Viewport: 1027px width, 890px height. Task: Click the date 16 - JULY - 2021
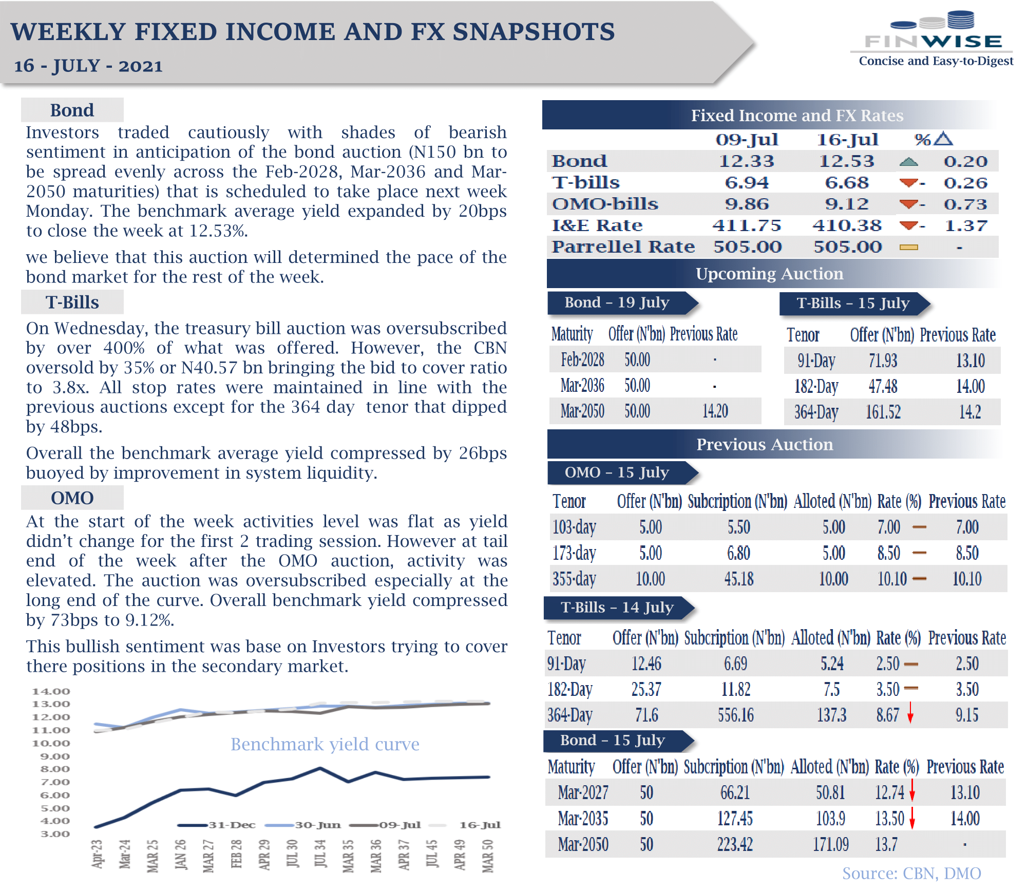[x=88, y=66]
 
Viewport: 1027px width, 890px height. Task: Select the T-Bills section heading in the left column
[x=72, y=302]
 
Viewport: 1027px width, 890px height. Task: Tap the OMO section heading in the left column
[x=72, y=498]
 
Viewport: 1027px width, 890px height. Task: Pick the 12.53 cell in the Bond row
[x=846, y=161]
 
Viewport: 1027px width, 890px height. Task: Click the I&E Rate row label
[x=597, y=225]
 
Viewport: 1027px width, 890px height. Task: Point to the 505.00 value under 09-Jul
[x=747, y=247]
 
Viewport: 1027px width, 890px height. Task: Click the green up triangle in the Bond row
[x=909, y=162]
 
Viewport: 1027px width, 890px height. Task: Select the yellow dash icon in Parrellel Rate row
[x=909, y=248]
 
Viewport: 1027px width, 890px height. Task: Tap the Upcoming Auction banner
[x=769, y=274]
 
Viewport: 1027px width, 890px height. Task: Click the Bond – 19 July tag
[x=617, y=302]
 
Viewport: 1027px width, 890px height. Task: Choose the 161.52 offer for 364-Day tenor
[x=883, y=412]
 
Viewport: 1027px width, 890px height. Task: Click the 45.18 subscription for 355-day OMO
[x=739, y=579]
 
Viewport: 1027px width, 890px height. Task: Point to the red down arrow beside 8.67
[x=910, y=713]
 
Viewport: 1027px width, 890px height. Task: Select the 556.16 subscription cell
[x=736, y=715]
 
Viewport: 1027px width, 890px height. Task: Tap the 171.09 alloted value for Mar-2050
[x=830, y=845]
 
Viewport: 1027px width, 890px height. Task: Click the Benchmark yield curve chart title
[x=325, y=744]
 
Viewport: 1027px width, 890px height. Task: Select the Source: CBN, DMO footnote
[x=911, y=874]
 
